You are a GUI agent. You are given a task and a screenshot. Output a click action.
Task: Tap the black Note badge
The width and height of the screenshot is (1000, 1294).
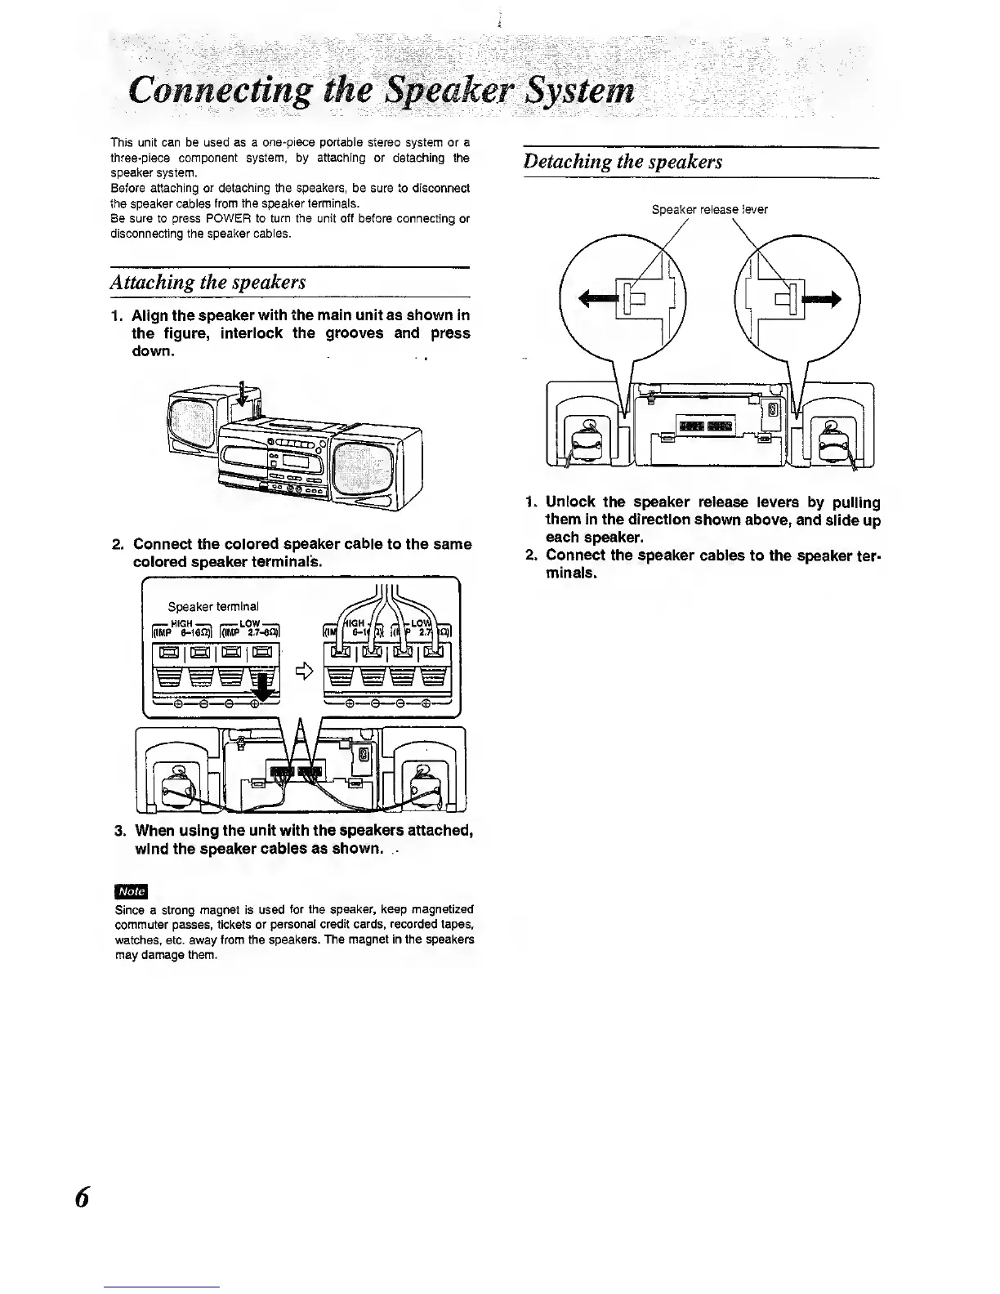point(131,890)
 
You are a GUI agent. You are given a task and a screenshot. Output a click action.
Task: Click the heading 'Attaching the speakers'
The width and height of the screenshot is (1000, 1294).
point(208,282)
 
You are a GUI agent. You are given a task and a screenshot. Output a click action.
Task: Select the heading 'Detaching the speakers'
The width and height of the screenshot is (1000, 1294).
point(623,161)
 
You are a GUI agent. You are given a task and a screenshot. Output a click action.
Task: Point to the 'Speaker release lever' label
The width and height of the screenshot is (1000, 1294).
point(709,209)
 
